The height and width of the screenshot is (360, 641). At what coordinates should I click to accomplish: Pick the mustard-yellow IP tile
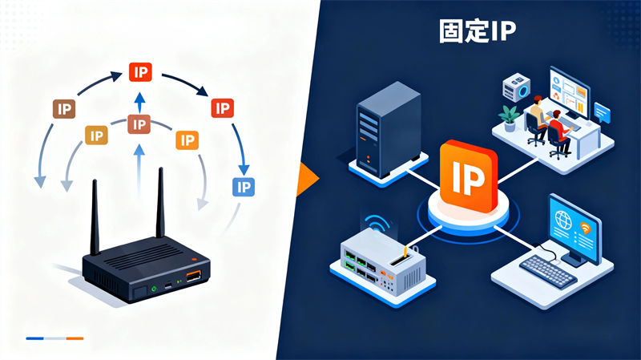[97, 136]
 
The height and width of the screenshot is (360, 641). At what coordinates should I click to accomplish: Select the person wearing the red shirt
[558, 131]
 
